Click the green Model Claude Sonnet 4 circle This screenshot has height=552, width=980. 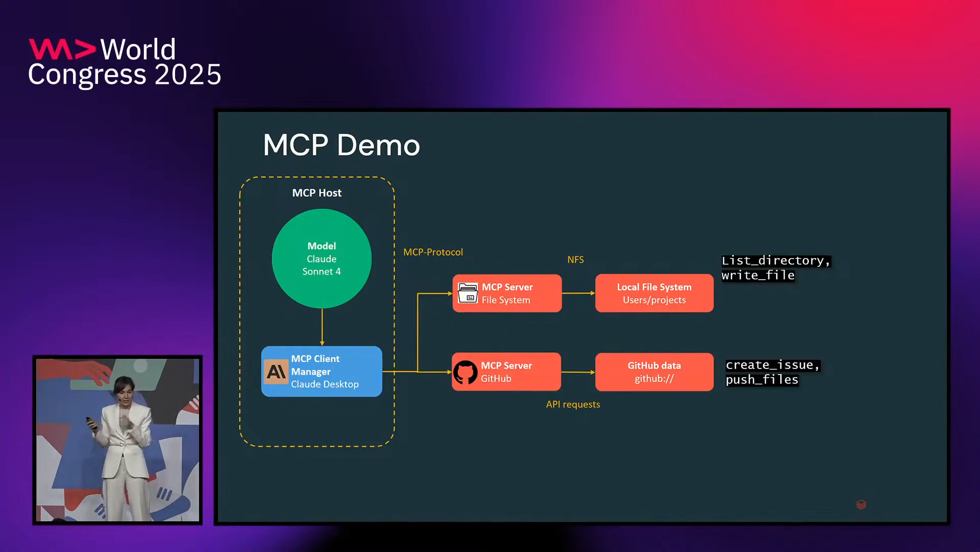pyautogui.click(x=322, y=259)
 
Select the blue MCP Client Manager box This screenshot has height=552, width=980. pyautogui.click(x=322, y=372)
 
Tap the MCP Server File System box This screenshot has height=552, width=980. pyautogui.click(x=507, y=293)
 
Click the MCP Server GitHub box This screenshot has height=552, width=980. pyautogui.click(x=506, y=372)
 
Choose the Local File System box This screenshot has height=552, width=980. pyautogui.click(x=654, y=293)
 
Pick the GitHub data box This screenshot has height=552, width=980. pyautogui.click(x=654, y=372)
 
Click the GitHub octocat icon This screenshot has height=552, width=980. pyautogui.click(x=465, y=373)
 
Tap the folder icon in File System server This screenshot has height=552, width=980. pyautogui.click(x=468, y=293)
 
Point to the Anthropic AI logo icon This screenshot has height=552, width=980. pyautogui.click(x=276, y=372)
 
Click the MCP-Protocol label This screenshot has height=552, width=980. pyautogui.click(x=433, y=252)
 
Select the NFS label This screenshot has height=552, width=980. pyautogui.click(x=575, y=260)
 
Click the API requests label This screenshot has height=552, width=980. pyautogui.click(x=573, y=404)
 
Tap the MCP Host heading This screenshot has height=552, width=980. pyautogui.click(x=316, y=193)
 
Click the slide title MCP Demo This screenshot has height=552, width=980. pyautogui.click(x=341, y=145)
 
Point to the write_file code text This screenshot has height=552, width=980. pyautogui.click(x=758, y=275)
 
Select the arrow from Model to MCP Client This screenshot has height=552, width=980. pyautogui.click(x=322, y=327)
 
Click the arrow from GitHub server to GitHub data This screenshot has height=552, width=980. pyautogui.click(x=578, y=372)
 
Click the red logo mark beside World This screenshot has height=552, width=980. pyautogui.click(x=62, y=49)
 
